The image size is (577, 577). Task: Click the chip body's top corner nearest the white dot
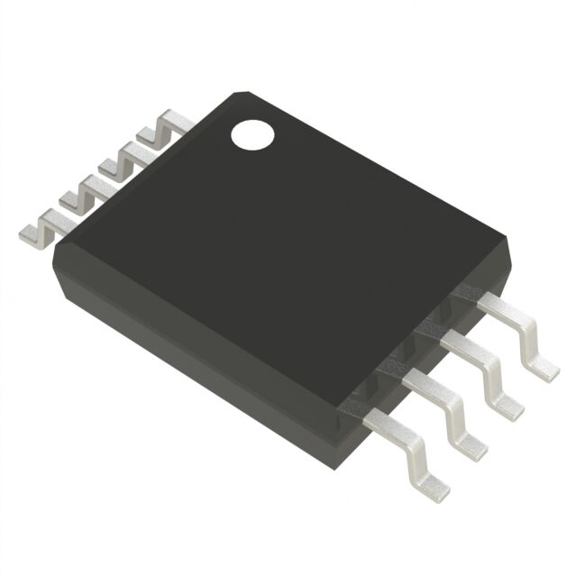coord(239,94)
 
